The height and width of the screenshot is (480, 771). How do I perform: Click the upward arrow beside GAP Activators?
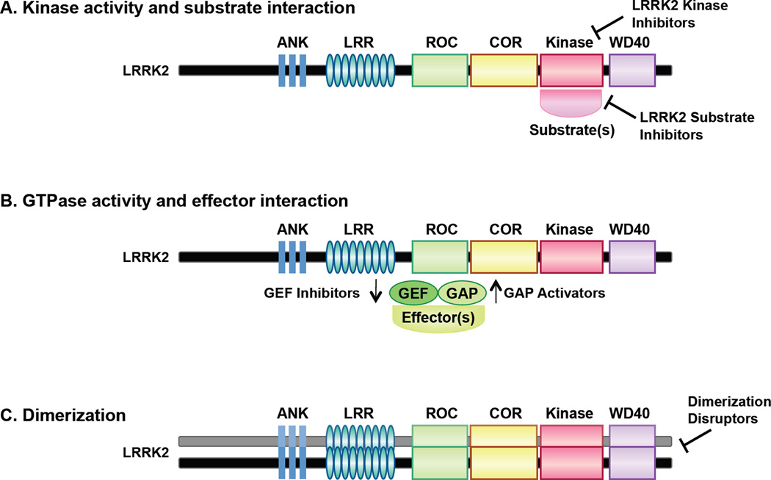click(x=496, y=292)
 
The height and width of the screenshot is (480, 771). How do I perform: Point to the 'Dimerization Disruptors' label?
click(x=729, y=412)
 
